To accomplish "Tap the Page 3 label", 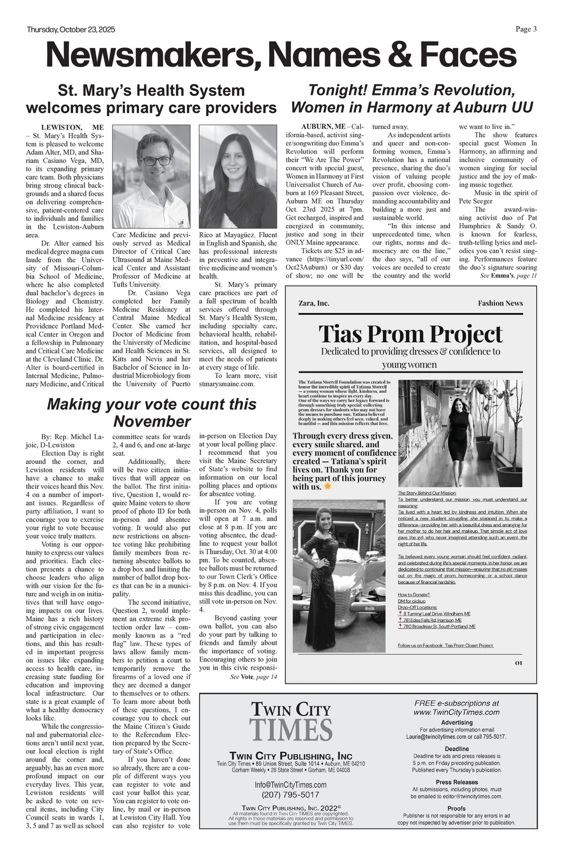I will click(526, 29).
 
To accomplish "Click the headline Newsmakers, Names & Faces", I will click(281, 56).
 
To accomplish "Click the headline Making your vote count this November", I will click(151, 413).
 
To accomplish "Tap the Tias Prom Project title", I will click(410, 334).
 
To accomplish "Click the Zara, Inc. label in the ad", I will click(314, 303).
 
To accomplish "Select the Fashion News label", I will click(500, 303).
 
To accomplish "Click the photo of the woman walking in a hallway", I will click(459, 433).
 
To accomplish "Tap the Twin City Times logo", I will click(291, 721).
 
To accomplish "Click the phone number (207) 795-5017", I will click(291, 795).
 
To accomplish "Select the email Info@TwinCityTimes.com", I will click(291, 785).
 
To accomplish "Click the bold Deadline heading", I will click(456, 749).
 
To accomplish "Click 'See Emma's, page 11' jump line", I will click(508, 276).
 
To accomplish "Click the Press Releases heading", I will click(456, 782).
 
